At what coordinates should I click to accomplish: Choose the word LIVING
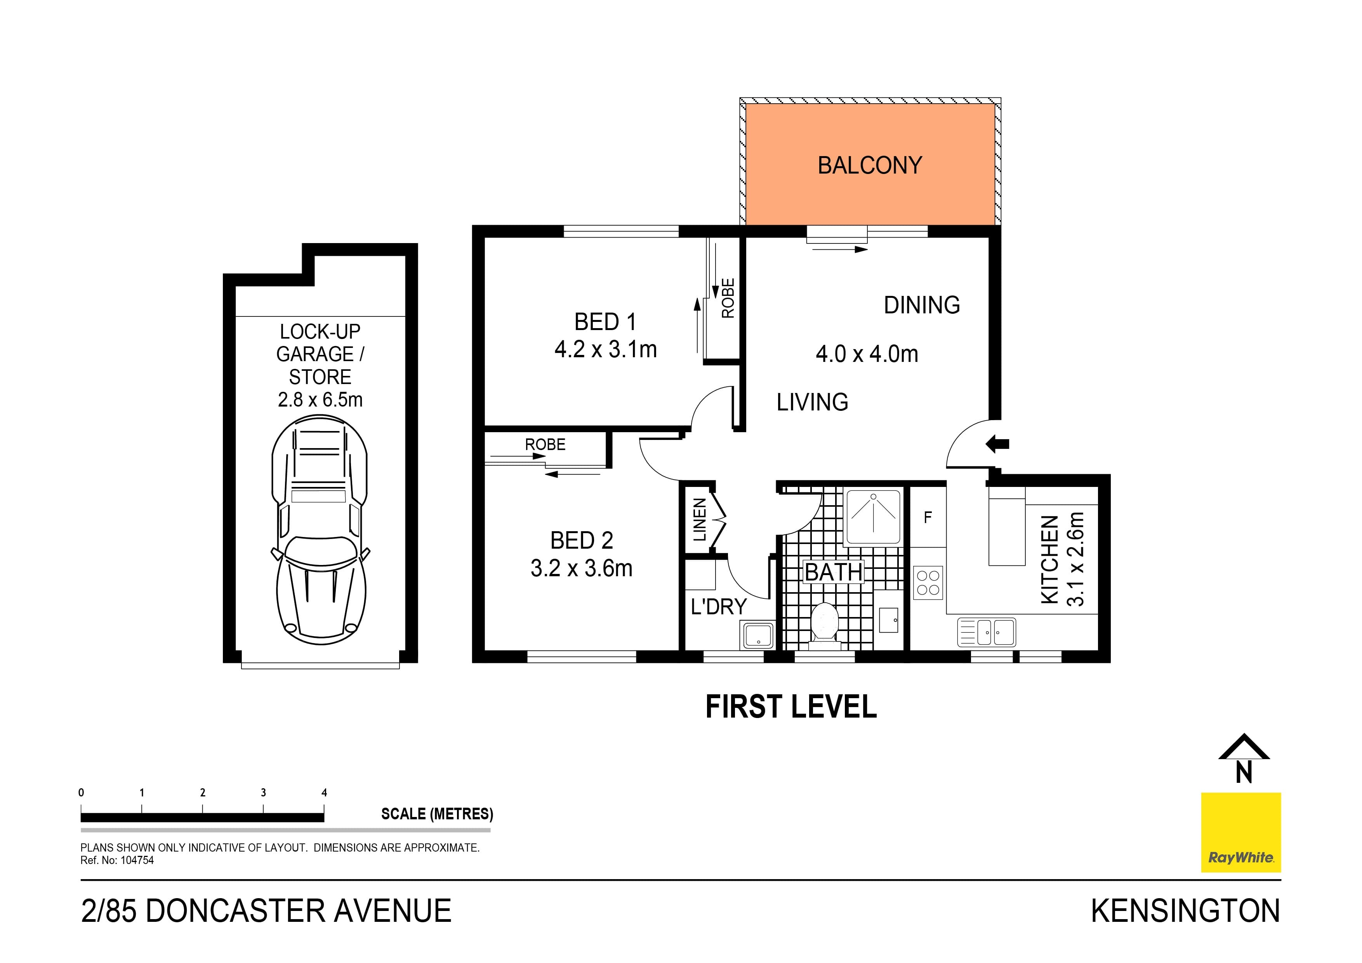coord(812,402)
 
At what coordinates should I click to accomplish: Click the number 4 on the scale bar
coord(324,793)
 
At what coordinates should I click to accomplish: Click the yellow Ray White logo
coord(1240,833)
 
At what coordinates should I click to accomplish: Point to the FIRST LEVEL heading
coord(791,707)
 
